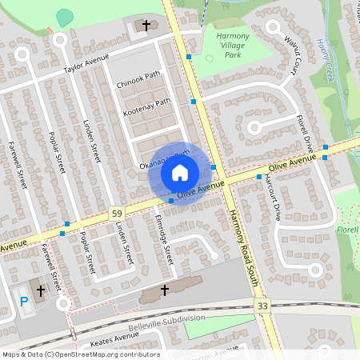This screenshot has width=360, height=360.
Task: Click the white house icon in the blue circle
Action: (180, 172)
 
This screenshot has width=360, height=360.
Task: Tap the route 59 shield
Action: (118, 214)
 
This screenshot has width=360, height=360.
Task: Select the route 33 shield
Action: (262, 306)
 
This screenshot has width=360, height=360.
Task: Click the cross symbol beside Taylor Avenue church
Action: (146, 26)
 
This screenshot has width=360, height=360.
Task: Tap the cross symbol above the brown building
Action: (166, 289)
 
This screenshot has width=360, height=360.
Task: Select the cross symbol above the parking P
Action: (41, 288)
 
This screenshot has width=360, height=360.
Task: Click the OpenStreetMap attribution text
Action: (81, 354)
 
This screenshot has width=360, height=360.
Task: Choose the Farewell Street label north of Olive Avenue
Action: (18, 164)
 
